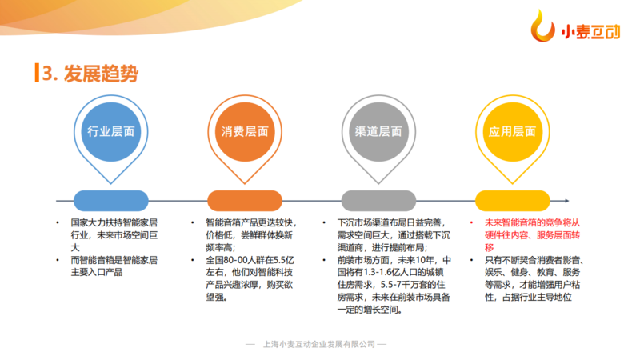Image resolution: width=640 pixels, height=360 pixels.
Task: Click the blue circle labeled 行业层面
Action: [x=110, y=132]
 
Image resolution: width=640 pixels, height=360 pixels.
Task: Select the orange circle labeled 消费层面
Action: [x=245, y=132]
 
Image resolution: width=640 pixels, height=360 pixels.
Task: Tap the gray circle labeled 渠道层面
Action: [x=378, y=132]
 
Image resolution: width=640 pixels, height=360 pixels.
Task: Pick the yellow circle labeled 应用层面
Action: [x=512, y=132]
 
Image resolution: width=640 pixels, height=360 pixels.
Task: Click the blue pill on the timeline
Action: [x=110, y=201]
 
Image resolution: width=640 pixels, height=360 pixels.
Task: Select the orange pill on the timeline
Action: [x=245, y=201]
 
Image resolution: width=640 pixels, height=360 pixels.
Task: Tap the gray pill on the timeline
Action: [x=378, y=201]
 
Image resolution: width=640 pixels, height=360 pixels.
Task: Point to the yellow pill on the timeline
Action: [x=512, y=201]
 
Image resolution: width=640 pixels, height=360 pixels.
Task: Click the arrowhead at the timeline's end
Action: [x=566, y=201]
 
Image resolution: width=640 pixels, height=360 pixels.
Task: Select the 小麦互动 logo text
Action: [x=590, y=32]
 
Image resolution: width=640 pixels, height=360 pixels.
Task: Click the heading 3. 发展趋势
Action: [x=90, y=74]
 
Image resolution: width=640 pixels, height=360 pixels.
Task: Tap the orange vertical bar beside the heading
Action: [x=37, y=73]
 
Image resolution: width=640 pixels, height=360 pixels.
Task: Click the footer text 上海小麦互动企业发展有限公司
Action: [x=318, y=344]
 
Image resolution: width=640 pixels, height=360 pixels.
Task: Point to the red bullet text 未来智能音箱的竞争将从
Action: [x=532, y=223]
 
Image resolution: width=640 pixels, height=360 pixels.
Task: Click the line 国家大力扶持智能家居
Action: [x=114, y=223]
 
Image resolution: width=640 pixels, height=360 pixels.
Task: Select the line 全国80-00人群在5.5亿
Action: [x=250, y=260]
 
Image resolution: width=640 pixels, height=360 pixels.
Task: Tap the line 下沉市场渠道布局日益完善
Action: [x=390, y=223]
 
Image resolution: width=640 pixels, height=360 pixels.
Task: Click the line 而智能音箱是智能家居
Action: [x=114, y=260]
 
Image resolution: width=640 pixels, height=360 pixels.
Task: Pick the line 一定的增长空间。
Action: [x=370, y=310]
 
